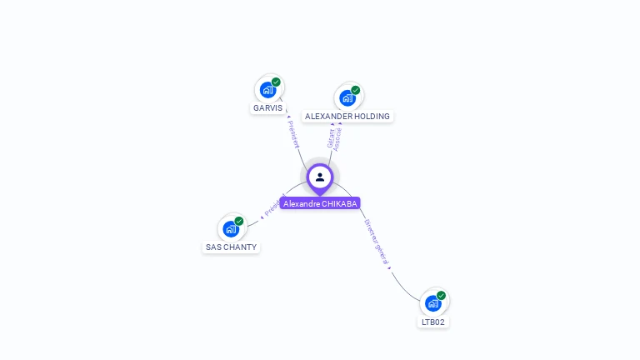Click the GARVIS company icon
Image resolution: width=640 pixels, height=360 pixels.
(x=267, y=89)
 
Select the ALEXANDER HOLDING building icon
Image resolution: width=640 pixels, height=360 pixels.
(x=347, y=97)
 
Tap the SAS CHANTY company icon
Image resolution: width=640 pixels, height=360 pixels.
(x=231, y=228)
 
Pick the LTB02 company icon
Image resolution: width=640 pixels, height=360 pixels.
(x=433, y=302)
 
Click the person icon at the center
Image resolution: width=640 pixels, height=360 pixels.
(x=320, y=177)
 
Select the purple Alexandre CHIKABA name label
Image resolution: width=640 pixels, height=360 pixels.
(x=320, y=203)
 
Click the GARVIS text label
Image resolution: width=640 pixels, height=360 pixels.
(x=267, y=108)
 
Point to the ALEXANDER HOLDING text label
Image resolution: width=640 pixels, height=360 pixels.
(x=347, y=117)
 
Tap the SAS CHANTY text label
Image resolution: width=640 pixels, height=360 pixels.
(x=231, y=247)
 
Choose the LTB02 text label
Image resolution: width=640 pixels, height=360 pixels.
(x=433, y=322)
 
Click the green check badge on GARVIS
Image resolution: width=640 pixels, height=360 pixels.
(x=276, y=82)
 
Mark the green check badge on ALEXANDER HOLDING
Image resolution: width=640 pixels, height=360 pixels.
(x=356, y=90)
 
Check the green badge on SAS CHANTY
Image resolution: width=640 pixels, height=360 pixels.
(x=239, y=221)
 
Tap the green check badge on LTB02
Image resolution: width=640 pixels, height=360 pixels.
(x=442, y=295)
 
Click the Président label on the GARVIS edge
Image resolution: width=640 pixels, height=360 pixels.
(x=293, y=133)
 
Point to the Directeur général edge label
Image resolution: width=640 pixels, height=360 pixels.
(x=377, y=242)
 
